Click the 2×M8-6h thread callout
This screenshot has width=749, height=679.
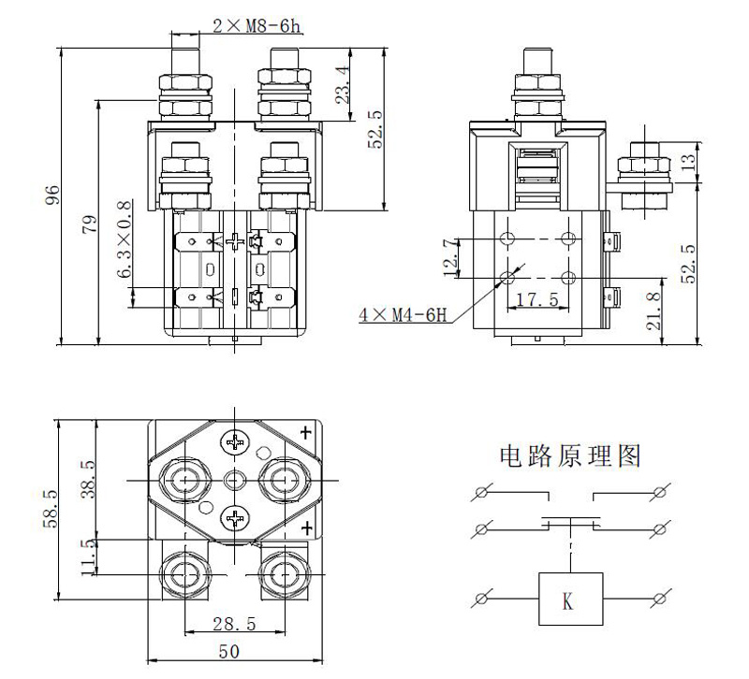pyautogui.click(x=255, y=26)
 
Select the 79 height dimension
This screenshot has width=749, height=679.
pyautogui.click(x=91, y=224)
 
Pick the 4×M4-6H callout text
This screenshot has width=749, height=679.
pyautogui.click(x=403, y=315)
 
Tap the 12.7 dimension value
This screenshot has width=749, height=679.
pyautogui.click(x=454, y=256)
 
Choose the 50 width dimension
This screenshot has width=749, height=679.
pyautogui.click(x=229, y=651)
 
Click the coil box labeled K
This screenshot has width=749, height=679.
pyautogui.click(x=569, y=599)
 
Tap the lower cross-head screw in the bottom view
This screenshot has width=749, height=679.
pyautogui.click(x=233, y=519)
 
